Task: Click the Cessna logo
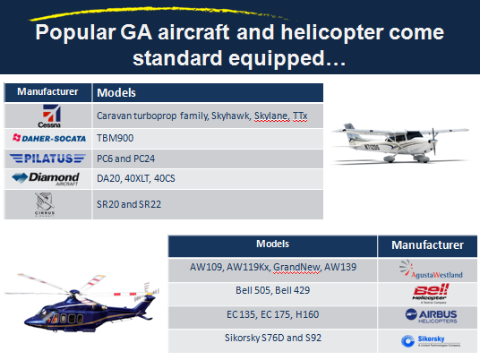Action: (49, 116)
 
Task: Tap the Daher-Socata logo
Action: (49, 139)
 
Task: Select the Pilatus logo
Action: (47, 159)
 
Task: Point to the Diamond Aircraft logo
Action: (46, 179)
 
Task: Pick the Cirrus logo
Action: (45, 204)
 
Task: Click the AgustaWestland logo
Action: (431, 270)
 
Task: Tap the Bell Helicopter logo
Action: (430, 294)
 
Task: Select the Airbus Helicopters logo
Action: (431, 316)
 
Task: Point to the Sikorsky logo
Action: (431, 341)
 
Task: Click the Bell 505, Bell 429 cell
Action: (273, 290)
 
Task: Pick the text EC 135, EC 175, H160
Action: (273, 314)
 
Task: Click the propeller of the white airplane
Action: (433, 141)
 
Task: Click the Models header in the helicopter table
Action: (272, 244)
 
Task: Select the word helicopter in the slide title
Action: (332, 32)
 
